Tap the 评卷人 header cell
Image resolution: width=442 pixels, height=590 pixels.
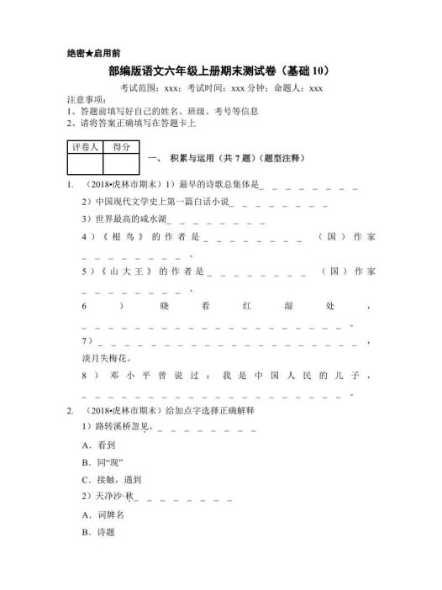84,147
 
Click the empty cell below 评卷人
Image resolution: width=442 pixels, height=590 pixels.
84,164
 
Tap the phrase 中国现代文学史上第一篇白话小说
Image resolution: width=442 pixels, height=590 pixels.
160,203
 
